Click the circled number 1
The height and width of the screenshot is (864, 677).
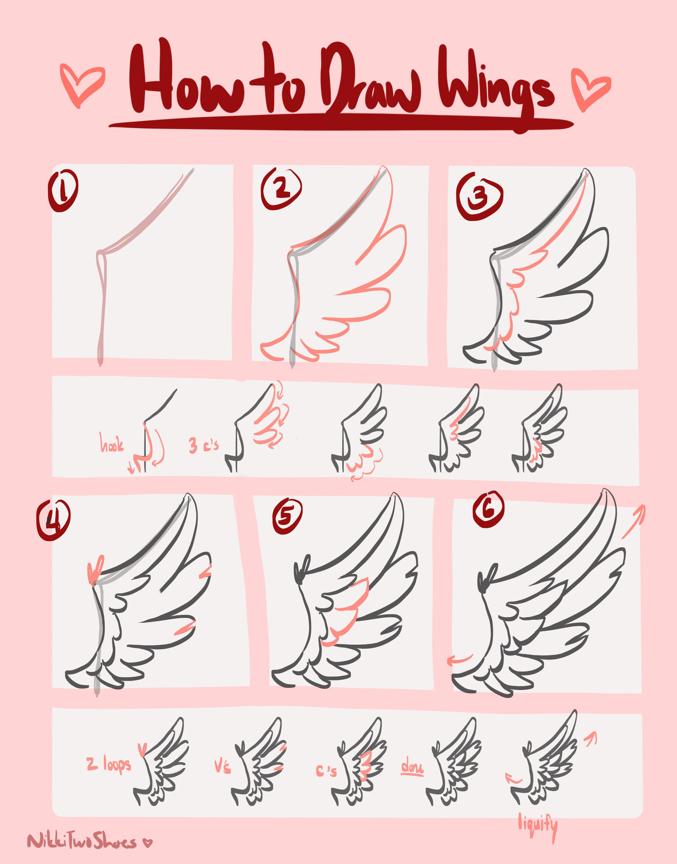(x=63, y=191)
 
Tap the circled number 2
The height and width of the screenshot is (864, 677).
(x=281, y=188)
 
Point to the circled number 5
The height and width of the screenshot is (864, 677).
(x=287, y=516)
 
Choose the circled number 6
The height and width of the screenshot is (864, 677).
(x=488, y=510)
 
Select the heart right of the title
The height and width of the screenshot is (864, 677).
(x=590, y=88)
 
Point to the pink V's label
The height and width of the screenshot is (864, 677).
(x=222, y=767)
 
